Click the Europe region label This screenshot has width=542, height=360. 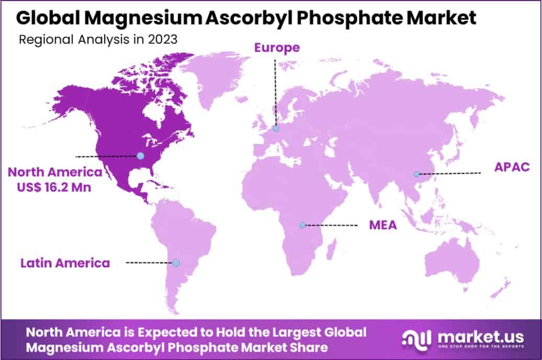[x=277, y=48]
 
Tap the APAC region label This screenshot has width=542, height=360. [x=512, y=167]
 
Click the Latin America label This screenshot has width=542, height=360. [x=65, y=263]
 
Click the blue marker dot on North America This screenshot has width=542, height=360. [x=140, y=155]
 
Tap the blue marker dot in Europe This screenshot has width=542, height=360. [x=276, y=128]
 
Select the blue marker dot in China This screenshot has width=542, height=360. [x=416, y=174]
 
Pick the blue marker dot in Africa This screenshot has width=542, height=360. [x=302, y=225]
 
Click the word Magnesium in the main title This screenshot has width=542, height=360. [x=141, y=18]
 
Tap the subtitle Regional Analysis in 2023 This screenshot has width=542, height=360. [x=97, y=40]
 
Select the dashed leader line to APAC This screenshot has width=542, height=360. [x=450, y=173]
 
